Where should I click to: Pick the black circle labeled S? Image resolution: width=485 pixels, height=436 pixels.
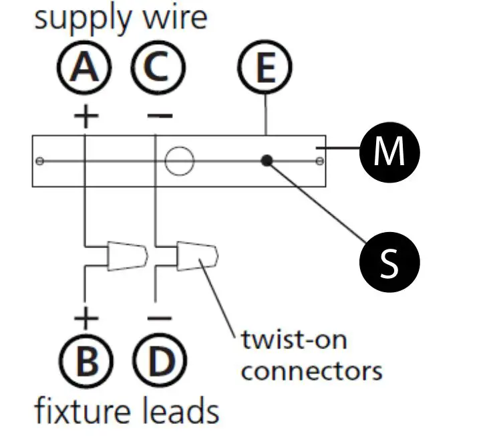pyautogui.click(x=389, y=263)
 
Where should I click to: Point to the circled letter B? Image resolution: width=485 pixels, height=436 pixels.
pyautogui.click(x=85, y=362)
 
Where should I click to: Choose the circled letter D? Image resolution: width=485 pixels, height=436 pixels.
pyautogui.click(x=158, y=362)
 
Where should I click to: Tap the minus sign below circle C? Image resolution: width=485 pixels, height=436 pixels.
pyautogui.click(x=158, y=116)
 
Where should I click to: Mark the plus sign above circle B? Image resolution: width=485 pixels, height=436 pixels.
pyautogui.click(x=86, y=316)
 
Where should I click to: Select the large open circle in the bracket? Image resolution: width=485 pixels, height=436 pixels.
pyautogui.click(x=178, y=161)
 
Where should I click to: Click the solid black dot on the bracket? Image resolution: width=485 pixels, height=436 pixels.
pyautogui.click(x=267, y=161)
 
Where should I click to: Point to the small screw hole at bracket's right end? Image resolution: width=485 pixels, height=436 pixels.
pyautogui.click(x=320, y=161)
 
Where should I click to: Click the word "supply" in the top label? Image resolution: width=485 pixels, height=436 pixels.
pyautogui.click(x=73, y=19)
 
